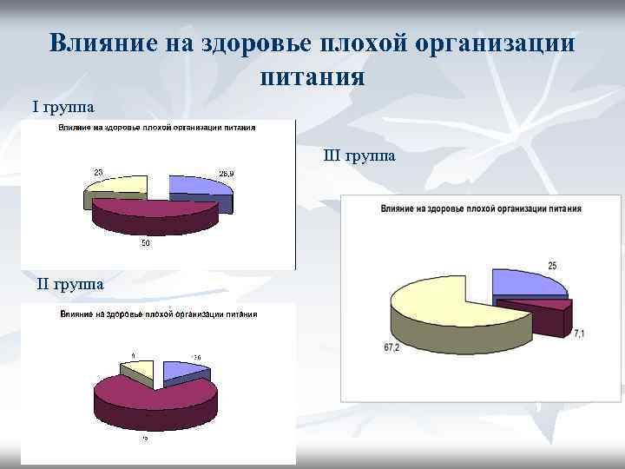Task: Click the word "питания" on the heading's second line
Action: click(x=312, y=76)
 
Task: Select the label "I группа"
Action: click(x=63, y=107)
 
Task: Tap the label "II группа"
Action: click(x=71, y=284)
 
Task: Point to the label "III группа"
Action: click(x=359, y=156)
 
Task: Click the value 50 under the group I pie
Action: click(x=145, y=243)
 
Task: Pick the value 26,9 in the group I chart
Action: click(x=226, y=175)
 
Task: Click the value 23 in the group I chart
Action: click(x=99, y=171)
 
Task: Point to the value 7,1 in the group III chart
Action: click(x=579, y=334)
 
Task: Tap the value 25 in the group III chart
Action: click(x=552, y=264)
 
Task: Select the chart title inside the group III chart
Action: click(x=480, y=209)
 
